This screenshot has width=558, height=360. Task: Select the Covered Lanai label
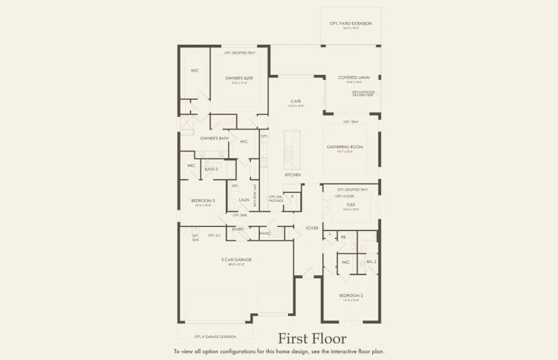click(x=350, y=77)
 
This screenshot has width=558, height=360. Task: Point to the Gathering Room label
click(x=345, y=146)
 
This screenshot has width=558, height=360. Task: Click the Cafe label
click(x=295, y=102)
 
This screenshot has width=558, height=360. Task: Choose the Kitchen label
click(x=293, y=175)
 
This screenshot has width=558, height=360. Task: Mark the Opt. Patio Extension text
click(x=350, y=23)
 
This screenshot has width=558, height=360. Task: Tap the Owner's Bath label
click(x=215, y=138)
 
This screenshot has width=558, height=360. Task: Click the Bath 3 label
click(x=211, y=169)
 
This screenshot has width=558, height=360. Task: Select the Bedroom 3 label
click(x=204, y=200)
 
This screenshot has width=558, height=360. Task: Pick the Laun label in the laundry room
click(x=244, y=200)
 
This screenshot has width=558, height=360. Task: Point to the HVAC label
click(x=265, y=233)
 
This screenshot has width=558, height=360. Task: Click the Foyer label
click(x=312, y=228)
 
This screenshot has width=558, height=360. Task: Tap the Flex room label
click(x=350, y=204)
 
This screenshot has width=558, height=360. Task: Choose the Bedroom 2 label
click(x=350, y=295)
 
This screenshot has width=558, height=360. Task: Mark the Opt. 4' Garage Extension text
click(x=215, y=336)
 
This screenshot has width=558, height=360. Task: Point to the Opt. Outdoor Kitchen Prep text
click(x=362, y=93)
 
